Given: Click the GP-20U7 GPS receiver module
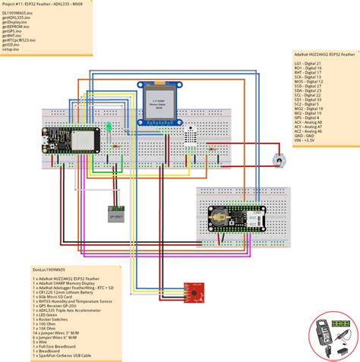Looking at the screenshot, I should point(113,213).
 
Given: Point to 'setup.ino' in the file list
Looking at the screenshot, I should point(13,49).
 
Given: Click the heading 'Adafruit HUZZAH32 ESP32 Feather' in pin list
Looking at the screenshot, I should point(324,55).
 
